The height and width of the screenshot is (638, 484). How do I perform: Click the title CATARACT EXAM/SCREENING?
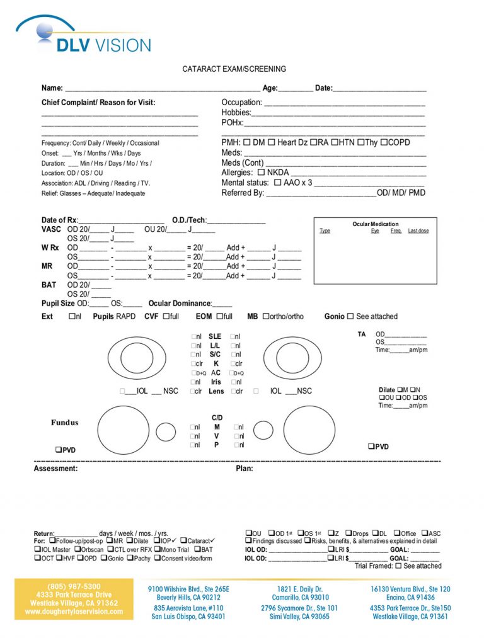(234, 69)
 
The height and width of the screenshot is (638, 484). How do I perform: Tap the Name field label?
(52, 88)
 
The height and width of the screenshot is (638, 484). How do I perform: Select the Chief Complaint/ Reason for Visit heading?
(98, 103)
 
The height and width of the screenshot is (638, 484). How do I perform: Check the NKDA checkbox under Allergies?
(261, 172)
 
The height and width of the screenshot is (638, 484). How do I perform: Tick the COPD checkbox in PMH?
(384, 142)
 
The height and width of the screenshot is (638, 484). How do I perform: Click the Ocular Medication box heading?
(375, 224)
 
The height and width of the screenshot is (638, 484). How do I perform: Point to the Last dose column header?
(418, 231)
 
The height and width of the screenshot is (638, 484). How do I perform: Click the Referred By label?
(243, 193)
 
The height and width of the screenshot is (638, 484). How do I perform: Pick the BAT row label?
(49, 285)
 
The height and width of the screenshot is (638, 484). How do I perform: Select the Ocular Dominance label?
(180, 304)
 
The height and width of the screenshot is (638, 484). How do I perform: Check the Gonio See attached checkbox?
(350, 316)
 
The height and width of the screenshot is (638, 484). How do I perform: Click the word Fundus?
(65, 423)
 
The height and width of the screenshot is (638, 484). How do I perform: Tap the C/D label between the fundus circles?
(217, 418)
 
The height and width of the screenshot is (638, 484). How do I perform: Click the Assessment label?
(55, 469)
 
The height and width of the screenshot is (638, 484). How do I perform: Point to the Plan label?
(244, 469)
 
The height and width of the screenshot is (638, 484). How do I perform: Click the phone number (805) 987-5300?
(74, 586)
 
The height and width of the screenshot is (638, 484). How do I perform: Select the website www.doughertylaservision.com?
(74, 612)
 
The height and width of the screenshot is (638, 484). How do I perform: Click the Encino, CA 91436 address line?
(410, 597)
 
